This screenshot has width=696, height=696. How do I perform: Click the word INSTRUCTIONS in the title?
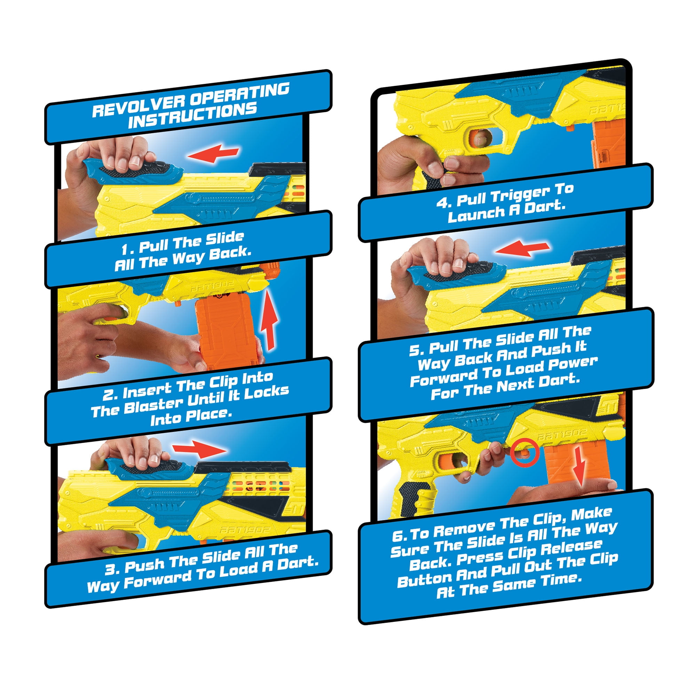tap(192, 116)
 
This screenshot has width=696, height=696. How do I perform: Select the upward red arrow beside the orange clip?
tap(269, 321)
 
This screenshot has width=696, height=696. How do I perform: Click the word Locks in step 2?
tap(267, 391)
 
